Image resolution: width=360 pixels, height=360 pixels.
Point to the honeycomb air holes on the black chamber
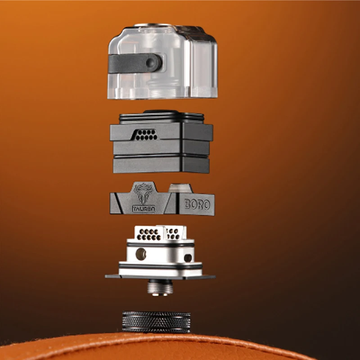click(145, 134)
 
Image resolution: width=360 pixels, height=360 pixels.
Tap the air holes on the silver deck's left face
click(149, 234)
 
